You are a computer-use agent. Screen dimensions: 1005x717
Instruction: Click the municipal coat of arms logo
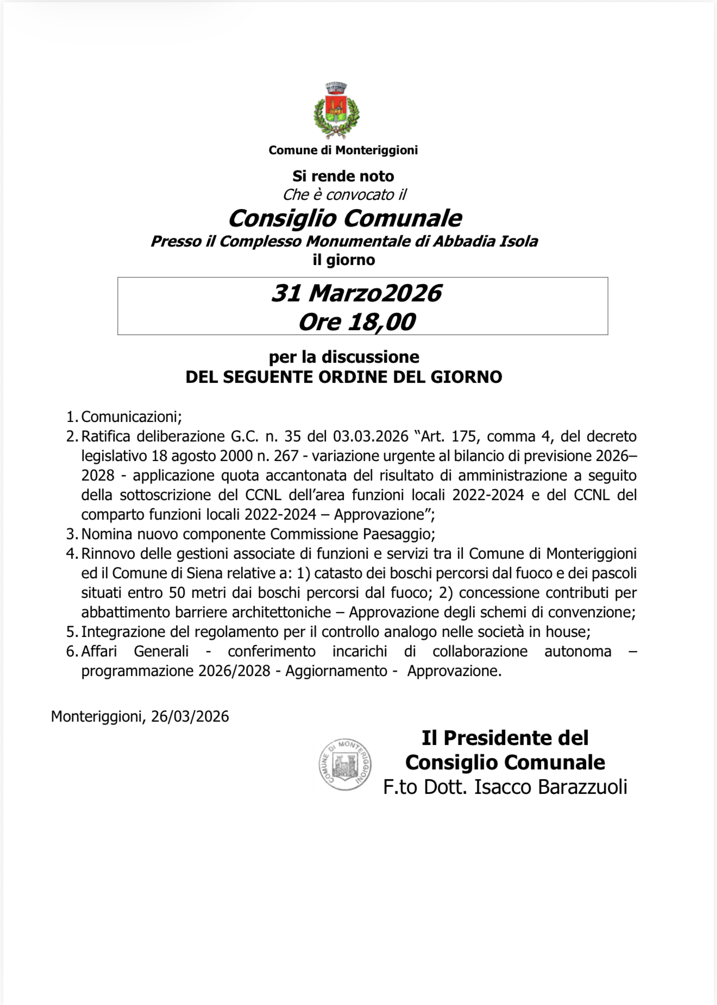[x=336, y=111]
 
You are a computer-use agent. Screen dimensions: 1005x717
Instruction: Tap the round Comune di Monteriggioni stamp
[x=345, y=764]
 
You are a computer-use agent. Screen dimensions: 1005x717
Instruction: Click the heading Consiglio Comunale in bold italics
[x=344, y=218]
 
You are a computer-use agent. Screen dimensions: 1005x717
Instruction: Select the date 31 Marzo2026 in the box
[x=356, y=293]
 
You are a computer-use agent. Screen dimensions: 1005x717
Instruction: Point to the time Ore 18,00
[x=356, y=322]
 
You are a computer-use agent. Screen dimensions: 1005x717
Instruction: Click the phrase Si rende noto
[x=343, y=176]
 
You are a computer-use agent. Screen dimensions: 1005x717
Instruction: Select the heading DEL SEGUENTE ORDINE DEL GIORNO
[x=344, y=377]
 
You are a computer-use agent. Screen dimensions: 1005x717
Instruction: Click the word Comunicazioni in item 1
[x=130, y=417]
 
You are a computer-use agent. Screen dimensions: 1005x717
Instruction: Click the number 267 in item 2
[x=286, y=456]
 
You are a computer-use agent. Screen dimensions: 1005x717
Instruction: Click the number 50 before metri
[x=178, y=593]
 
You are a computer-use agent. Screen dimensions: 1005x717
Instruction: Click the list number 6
[x=72, y=652]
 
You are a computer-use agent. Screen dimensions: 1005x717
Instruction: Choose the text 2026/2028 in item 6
[x=234, y=671]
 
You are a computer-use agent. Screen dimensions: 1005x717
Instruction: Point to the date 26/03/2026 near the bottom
[x=190, y=717]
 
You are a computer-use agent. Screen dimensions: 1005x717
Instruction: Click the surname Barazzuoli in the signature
[x=582, y=787]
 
